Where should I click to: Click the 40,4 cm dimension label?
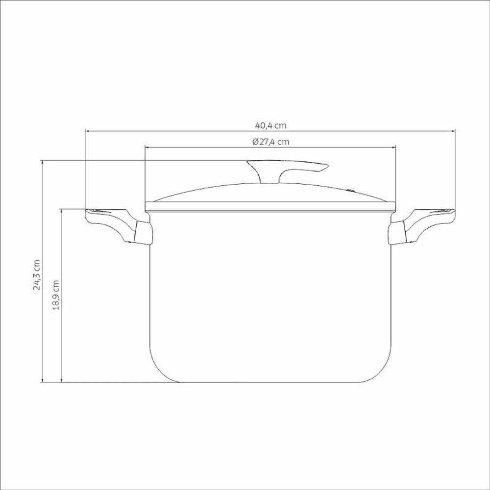coord(270,125)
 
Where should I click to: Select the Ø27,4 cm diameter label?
coord(270,142)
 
